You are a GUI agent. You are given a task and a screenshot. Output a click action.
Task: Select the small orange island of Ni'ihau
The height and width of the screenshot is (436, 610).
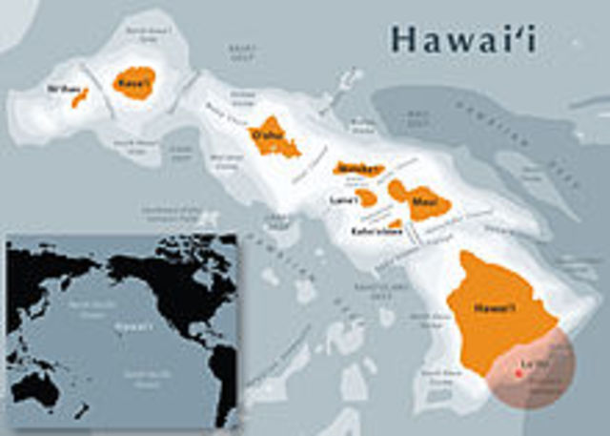[79, 97]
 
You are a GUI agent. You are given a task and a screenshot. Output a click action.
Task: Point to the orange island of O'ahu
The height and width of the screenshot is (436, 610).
[273, 138]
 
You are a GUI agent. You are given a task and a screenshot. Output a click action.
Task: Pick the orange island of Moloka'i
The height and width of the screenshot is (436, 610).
[357, 169]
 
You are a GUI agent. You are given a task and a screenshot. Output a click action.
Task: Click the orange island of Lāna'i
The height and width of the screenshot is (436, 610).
[367, 197]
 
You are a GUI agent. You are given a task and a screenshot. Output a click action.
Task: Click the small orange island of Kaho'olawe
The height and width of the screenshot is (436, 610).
[395, 223]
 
